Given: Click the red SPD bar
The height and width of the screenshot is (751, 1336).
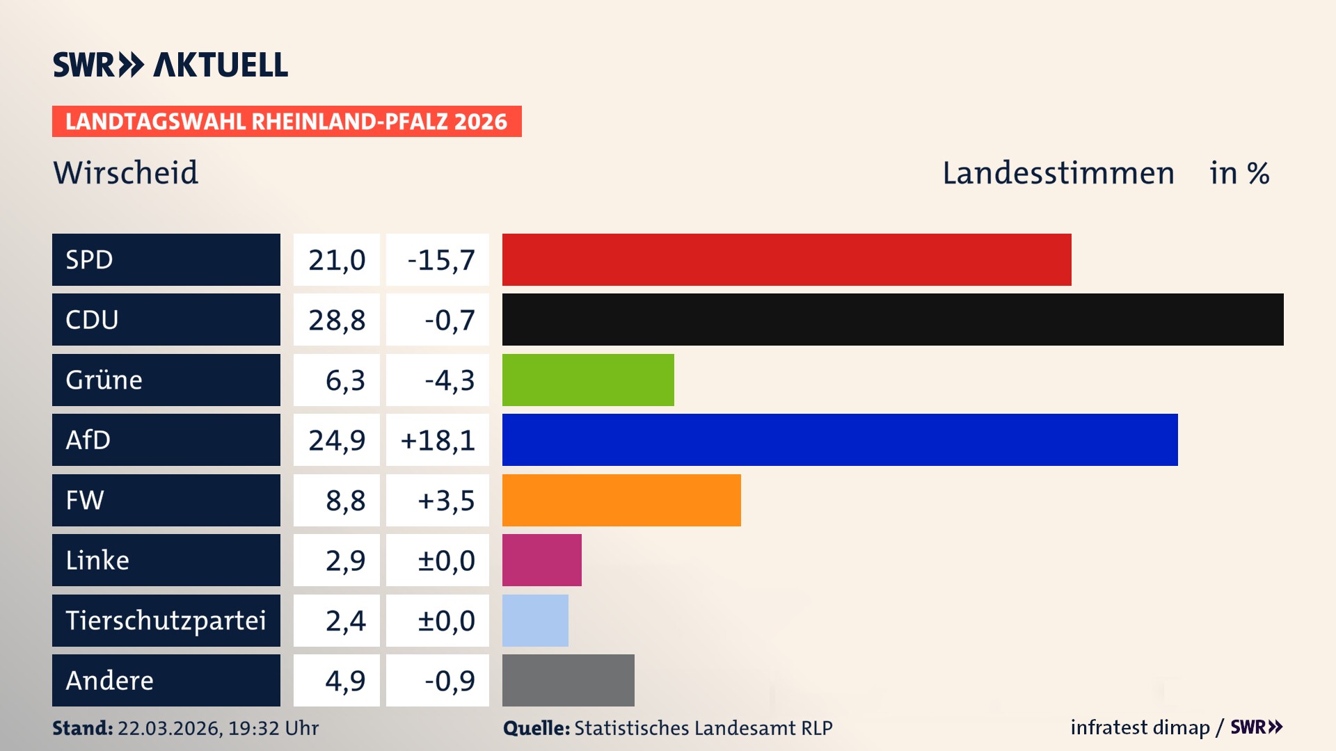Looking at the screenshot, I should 786,259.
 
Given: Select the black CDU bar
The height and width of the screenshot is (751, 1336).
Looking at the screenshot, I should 892,320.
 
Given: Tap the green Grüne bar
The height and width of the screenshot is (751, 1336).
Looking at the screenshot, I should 588,380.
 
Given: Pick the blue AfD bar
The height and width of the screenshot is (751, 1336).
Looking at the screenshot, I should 839,439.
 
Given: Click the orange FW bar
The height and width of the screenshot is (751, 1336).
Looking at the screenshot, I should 621,500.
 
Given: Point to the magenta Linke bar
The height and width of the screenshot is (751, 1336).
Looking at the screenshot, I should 541,560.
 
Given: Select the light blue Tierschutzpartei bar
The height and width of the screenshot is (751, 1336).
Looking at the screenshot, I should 535,620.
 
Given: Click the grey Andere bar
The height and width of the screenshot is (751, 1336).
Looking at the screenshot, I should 568,680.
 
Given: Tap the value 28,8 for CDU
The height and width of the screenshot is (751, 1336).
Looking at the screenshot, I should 337,320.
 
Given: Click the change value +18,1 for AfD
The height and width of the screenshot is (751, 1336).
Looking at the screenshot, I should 438,439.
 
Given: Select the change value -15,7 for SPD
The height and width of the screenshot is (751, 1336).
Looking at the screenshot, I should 440,259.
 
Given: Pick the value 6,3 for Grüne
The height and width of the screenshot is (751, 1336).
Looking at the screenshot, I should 345,380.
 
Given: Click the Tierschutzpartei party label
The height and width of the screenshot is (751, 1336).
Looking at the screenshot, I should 166,620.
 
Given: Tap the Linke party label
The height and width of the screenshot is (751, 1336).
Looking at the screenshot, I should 97,560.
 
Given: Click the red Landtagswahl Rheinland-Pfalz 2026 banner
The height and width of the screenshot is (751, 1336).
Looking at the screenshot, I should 286,121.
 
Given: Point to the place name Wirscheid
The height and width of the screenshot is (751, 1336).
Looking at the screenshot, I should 126,172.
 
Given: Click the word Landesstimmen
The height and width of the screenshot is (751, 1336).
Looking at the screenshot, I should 1058,172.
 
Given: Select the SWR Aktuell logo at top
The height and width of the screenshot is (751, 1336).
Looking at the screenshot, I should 170,65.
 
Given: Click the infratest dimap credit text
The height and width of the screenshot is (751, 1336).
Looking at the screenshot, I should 1140,727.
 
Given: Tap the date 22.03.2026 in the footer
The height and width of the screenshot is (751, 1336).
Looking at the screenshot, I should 169,728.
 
